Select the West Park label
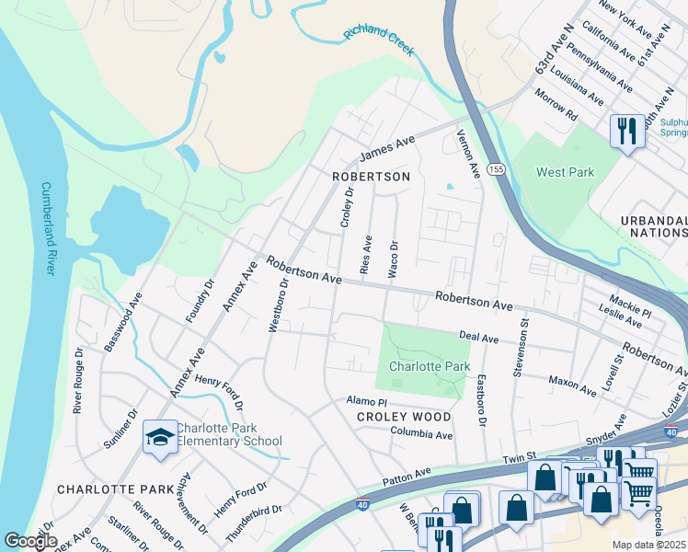[x=566, y=172]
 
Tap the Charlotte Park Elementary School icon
[x=160, y=439]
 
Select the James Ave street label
[x=387, y=147]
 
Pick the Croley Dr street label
[x=347, y=207]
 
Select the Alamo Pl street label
[x=367, y=401]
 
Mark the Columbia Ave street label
[x=421, y=433]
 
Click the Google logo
[x=30, y=541]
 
